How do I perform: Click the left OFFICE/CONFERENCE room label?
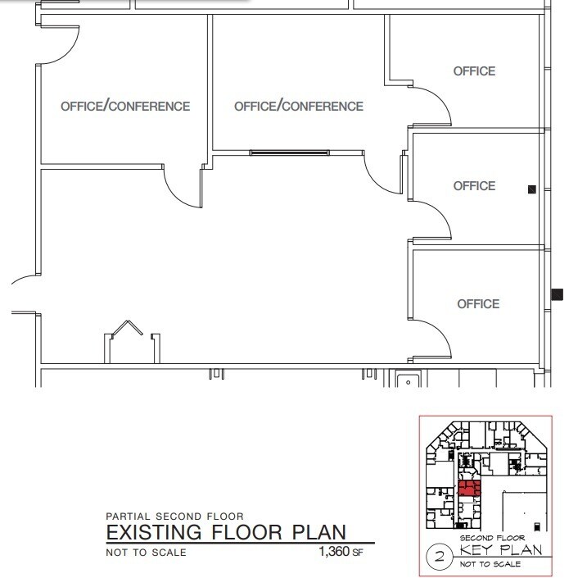125,107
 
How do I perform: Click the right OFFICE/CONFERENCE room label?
299,107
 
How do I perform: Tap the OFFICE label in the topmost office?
474,71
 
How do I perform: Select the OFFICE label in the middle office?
474,186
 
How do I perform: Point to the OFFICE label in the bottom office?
477,304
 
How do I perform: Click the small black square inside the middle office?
531,189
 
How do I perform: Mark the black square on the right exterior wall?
558,294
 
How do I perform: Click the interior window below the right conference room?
289,152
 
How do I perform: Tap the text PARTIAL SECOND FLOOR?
174,516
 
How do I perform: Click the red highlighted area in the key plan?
468,489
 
